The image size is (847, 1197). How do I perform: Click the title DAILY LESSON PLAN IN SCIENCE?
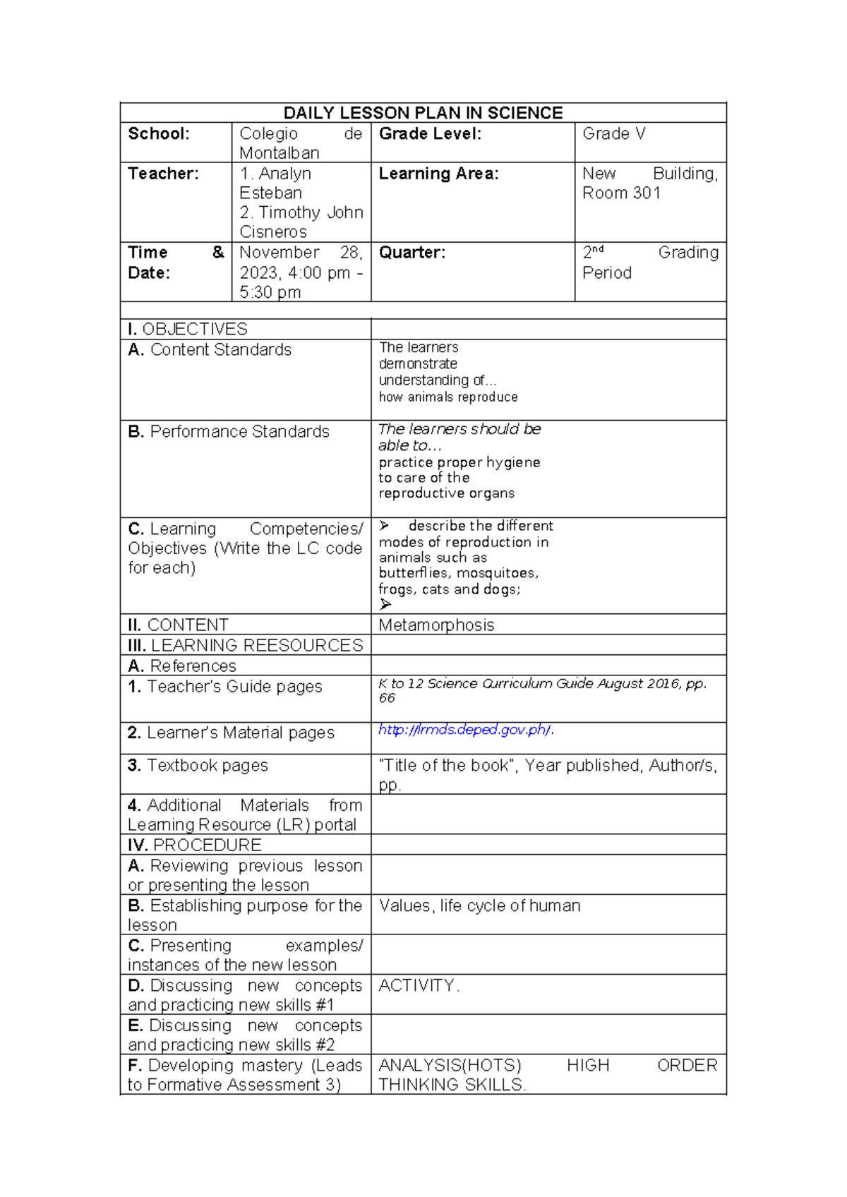tap(423, 113)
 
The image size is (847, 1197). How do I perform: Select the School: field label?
tap(159, 134)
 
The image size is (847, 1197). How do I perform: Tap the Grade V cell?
tap(613, 134)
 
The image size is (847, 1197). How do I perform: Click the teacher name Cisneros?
tap(273, 231)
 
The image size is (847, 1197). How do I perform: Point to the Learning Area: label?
tap(438, 174)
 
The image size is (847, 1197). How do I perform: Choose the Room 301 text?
tap(621, 193)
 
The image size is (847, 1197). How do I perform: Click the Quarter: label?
tap(412, 253)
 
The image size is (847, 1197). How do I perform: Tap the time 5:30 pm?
tap(270, 292)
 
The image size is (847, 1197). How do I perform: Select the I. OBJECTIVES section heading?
tap(188, 329)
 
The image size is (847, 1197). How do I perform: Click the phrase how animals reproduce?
tap(448, 397)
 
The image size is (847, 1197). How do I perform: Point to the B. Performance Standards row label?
tap(229, 431)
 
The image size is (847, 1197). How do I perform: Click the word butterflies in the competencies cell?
tap(413, 573)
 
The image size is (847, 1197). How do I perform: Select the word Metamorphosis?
tap(436, 625)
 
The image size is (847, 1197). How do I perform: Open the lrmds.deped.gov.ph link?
tap(464, 730)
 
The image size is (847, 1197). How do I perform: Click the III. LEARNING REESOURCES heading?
tap(245, 645)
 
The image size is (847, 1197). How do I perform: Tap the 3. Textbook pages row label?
tap(198, 765)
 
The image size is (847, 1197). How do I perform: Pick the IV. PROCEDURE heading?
tap(194, 845)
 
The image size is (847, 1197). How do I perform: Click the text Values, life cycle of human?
tap(479, 906)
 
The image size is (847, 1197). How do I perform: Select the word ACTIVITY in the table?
tap(416, 985)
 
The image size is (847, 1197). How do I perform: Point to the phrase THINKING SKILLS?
tap(451, 1085)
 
